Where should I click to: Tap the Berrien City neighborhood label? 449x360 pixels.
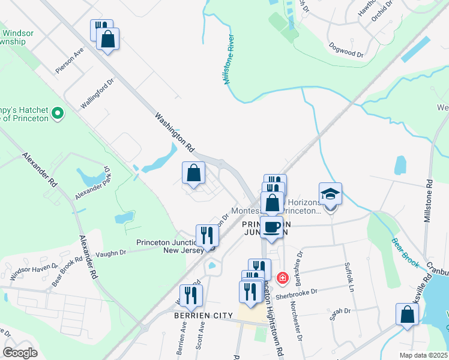pyautogui.click(x=195, y=316)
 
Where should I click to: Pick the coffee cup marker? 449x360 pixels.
pyautogui.click(x=271, y=227)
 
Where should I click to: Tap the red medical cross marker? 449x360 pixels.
pyautogui.click(x=282, y=278)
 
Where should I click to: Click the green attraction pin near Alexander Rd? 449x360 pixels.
pyautogui.click(x=58, y=112)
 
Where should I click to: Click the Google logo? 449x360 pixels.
pyautogui.click(x=20, y=353)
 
